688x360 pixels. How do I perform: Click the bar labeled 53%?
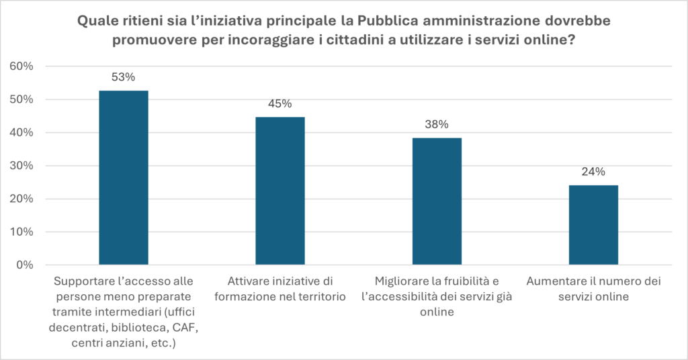(124, 178)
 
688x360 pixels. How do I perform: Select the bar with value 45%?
(280, 191)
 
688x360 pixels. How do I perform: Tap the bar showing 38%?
(437, 201)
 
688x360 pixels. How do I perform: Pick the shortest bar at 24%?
(593, 225)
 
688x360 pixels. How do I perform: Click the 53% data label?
(124, 77)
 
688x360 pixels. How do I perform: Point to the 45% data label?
(280, 104)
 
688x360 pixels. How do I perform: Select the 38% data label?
(437, 124)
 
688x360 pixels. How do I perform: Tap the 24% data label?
(593, 172)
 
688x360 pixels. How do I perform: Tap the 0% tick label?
(24, 265)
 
